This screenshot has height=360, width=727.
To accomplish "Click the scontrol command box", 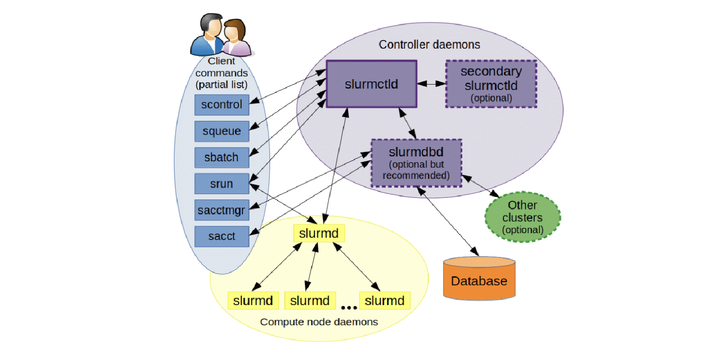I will (222, 105).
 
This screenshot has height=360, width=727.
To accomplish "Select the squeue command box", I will (222, 131).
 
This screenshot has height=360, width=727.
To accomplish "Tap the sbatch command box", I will (222, 157).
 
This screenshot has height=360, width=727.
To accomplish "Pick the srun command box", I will (222, 184).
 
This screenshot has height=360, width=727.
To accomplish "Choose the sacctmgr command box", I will (222, 210).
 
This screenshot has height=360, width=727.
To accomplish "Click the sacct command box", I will (222, 236).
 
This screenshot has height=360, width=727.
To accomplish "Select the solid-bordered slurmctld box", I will (371, 84).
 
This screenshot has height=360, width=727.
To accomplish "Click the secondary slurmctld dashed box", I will (491, 84).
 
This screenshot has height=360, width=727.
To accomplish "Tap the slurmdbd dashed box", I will (416, 163).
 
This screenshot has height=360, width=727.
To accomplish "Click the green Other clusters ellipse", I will (523, 217).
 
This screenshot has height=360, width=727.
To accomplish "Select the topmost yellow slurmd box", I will (319, 233).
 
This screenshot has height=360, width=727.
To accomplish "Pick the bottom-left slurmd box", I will (253, 300).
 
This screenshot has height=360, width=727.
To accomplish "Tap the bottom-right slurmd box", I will (384, 300).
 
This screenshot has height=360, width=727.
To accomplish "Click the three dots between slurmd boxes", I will (349, 308).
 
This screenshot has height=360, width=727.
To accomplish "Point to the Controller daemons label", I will (429, 45).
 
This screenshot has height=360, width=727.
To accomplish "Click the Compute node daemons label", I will (319, 322).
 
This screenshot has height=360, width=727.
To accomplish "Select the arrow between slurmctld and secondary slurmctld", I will (431, 84).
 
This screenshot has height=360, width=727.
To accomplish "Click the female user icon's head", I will (234, 30).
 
